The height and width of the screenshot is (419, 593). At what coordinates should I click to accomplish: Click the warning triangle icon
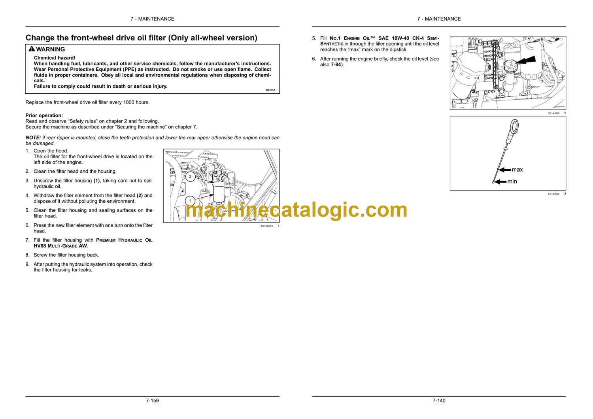(x=32, y=49)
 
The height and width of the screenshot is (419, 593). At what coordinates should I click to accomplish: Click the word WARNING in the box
(x=51, y=49)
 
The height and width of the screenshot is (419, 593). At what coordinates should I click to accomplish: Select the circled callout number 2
(x=190, y=176)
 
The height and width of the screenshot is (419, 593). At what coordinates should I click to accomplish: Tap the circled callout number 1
(x=190, y=201)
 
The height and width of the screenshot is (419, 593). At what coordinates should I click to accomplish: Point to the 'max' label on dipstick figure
(x=517, y=170)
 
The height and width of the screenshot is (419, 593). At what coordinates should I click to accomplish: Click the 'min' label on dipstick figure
(x=512, y=181)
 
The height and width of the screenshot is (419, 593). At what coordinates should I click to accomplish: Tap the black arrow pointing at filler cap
(x=526, y=61)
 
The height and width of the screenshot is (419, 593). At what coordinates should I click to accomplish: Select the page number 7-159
(x=153, y=400)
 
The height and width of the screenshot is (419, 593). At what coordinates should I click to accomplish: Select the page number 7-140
(x=439, y=400)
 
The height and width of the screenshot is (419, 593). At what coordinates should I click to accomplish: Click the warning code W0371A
(x=270, y=90)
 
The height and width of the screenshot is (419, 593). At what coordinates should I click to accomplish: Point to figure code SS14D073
(x=266, y=226)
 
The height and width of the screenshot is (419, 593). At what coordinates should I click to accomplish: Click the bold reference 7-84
(x=336, y=64)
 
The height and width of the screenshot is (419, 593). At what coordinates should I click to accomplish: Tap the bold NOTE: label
(x=33, y=138)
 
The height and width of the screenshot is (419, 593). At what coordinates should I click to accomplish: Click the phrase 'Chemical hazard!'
(x=55, y=58)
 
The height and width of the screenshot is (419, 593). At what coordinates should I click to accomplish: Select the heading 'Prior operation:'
(x=44, y=115)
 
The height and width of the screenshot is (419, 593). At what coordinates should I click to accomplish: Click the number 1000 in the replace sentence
(x=128, y=102)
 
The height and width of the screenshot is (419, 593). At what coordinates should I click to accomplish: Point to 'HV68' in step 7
(x=40, y=246)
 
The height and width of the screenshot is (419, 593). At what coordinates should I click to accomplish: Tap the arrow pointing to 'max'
(x=504, y=170)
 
